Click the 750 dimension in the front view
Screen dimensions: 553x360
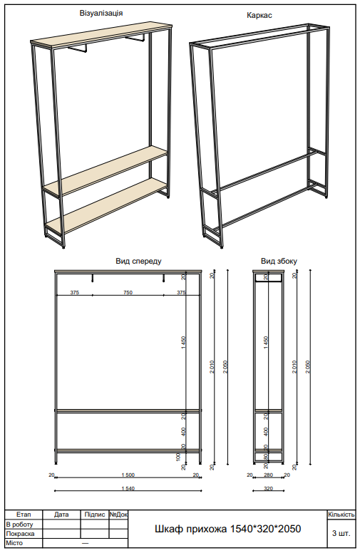click(x=128, y=293)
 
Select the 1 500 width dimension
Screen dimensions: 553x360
click(x=128, y=475)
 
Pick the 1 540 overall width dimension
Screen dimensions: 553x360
click(x=128, y=489)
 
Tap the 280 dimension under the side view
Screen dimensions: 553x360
click(x=268, y=475)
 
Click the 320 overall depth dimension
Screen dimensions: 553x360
click(x=268, y=489)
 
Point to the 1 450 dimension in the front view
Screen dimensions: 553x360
click(x=183, y=342)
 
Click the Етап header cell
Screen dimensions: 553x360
click(x=24, y=514)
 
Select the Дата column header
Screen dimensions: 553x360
click(x=61, y=514)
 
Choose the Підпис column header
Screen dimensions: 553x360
click(x=94, y=514)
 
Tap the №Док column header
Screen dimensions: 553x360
click(x=118, y=514)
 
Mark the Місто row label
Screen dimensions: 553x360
click(x=15, y=543)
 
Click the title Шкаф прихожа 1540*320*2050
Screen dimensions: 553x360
click(x=228, y=529)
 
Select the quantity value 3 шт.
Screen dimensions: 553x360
click(x=341, y=532)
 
